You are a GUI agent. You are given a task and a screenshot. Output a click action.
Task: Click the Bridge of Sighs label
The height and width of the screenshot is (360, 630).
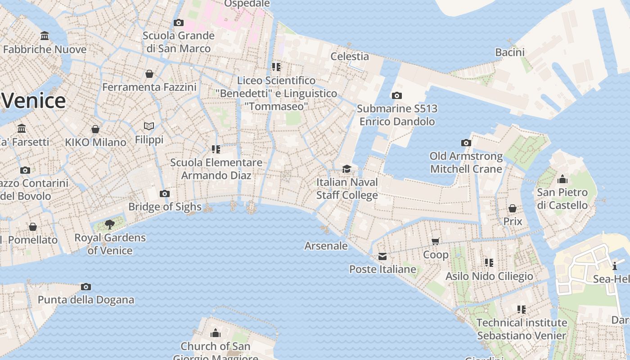(165, 207)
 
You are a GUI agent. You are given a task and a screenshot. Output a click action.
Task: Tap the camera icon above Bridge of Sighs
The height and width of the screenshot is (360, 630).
(165, 194)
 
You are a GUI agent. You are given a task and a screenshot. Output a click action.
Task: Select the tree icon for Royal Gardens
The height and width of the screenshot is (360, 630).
(109, 224)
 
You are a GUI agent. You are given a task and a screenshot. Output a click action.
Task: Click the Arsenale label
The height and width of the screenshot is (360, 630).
(326, 246)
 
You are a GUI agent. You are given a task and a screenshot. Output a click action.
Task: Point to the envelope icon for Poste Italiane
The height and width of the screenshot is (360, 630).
(382, 256)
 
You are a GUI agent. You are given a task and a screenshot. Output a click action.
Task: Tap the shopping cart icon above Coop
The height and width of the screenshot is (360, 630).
(436, 242)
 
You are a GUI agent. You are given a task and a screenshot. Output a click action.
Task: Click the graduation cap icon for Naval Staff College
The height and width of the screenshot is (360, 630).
(346, 169)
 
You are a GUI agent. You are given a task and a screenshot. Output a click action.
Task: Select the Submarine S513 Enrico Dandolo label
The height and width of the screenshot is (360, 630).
(397, 115)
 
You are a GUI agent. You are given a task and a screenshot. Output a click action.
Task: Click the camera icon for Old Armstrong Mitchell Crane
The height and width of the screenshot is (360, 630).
(466, 143)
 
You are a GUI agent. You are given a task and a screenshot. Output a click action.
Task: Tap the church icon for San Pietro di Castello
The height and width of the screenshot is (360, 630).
(562, 180)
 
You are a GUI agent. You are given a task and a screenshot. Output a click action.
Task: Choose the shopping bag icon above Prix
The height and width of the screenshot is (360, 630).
(513, 208)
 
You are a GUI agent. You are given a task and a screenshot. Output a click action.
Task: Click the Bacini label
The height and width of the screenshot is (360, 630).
(510, 52)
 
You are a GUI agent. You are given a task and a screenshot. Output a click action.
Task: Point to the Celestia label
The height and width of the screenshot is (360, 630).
(350, 56)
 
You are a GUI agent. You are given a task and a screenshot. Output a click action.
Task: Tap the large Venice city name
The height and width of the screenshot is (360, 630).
(34, 100)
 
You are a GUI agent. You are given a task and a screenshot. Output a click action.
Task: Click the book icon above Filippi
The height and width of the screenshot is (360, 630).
(149, 126)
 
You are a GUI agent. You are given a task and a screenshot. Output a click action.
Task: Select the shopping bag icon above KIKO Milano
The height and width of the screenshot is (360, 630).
(95, 130)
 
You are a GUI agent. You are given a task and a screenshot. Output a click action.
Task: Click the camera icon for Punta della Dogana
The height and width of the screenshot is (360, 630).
(86, 287)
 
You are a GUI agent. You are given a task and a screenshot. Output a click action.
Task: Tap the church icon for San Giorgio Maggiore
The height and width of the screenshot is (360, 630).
(216, 333)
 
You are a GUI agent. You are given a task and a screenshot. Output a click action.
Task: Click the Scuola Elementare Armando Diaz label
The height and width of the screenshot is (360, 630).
(216, 169)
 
